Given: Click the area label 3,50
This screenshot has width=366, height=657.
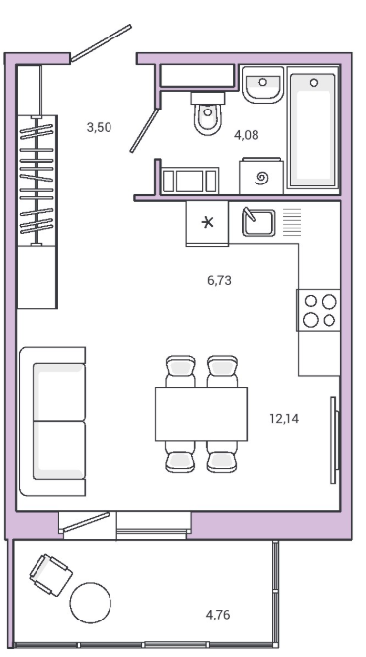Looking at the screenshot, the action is coord(99,127).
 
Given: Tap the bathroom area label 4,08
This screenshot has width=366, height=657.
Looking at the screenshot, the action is coord(247,135).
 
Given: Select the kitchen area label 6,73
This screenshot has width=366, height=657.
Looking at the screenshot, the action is coord(219,280).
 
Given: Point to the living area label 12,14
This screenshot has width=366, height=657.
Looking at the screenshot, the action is coord(285,418).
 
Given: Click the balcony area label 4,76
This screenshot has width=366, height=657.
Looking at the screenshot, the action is coord(218,615).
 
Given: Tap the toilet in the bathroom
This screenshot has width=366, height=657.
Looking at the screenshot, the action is coord(208,113).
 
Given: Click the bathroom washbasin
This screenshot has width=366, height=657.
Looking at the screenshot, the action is coord(262,85).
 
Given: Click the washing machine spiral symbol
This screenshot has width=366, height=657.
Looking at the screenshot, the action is coord(262,179).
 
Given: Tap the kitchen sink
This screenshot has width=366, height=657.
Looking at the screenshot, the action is coord(258,222).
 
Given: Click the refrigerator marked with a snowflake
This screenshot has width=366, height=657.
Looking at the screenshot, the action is coord(207,223).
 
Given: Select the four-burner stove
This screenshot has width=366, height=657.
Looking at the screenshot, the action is coord(320,311).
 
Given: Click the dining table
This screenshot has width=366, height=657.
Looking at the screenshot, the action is coord(201,413).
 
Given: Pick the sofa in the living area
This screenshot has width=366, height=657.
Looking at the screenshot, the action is coord(53,421).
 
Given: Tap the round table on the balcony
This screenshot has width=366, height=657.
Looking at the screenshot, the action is coord(91,604).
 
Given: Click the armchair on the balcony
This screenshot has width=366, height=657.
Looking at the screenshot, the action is coord(50,575).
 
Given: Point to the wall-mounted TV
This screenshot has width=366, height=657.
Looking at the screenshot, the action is coord(334,440).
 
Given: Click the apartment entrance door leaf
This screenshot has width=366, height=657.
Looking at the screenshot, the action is coord(101,43).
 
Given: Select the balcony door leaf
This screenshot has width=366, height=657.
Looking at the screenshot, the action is coord(85,522).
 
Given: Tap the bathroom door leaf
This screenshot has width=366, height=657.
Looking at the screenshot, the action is coord(145,130).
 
